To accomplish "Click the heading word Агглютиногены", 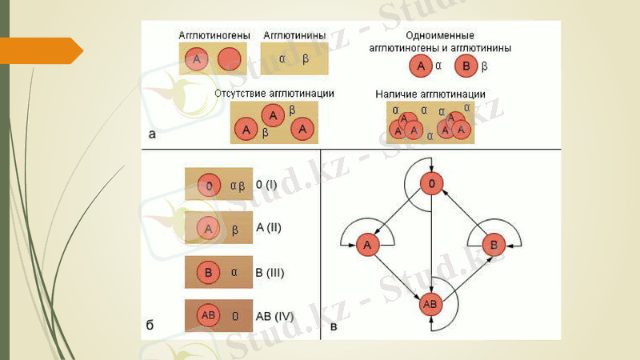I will tap(214, 35).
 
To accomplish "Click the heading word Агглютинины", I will tap(294, 35).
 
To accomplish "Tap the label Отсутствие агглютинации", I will tap(274, 94).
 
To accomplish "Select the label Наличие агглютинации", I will tap(430, 94).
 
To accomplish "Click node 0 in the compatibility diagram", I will tap(431, 186).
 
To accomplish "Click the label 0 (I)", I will tap(266, 185).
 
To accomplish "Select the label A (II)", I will tap(269, 228).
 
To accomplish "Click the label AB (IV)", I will tap(274, 316).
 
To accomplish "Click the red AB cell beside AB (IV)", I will tap(209, 316).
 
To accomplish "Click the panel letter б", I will tap(150, 326).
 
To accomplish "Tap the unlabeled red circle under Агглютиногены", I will tap(230, 59).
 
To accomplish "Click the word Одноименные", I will tap(440, 36).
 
